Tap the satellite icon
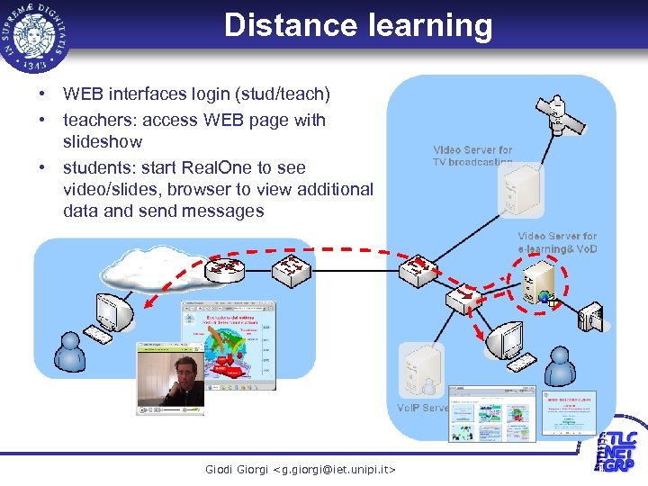point(560,115)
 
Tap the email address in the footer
point(300,469)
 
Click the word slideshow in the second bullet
point(103,142)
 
